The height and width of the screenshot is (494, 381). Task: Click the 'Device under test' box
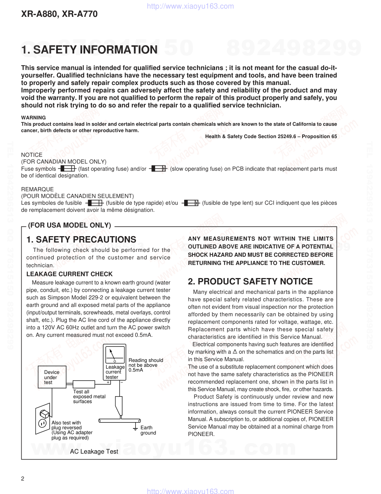[x=52, y=377]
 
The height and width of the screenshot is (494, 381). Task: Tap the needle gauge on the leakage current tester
[x=115, y=354]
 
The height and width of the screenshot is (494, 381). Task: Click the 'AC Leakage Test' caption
[x=94, y=452]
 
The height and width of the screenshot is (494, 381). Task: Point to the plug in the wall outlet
[x=44, y=413]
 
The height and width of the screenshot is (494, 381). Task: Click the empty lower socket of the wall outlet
[x=42, y=424]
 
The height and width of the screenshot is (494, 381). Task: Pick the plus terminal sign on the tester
[x=108, y=382]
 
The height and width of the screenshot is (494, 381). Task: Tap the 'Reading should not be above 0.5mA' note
[x=146, y=365]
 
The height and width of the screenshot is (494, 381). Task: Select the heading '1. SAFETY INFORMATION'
[x=89, y=50]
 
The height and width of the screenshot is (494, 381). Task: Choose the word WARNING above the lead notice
[x=34, y=118]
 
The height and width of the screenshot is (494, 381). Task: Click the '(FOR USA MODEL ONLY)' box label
[x=69, y=225]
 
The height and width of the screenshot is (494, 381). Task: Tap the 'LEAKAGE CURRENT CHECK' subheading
[x=69, y=274]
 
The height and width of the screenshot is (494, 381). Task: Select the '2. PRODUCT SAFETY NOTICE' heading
[x=250, y=281]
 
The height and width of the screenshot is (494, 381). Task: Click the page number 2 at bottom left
[x=23, y=479]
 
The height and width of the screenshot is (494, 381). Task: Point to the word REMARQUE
[x=37, y=189]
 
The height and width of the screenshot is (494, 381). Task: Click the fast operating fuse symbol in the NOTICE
[x=68, y=169]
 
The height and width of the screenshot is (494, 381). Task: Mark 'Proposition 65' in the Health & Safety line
[x=319, y=137]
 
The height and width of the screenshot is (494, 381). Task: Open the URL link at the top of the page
[x=190, y=6]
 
